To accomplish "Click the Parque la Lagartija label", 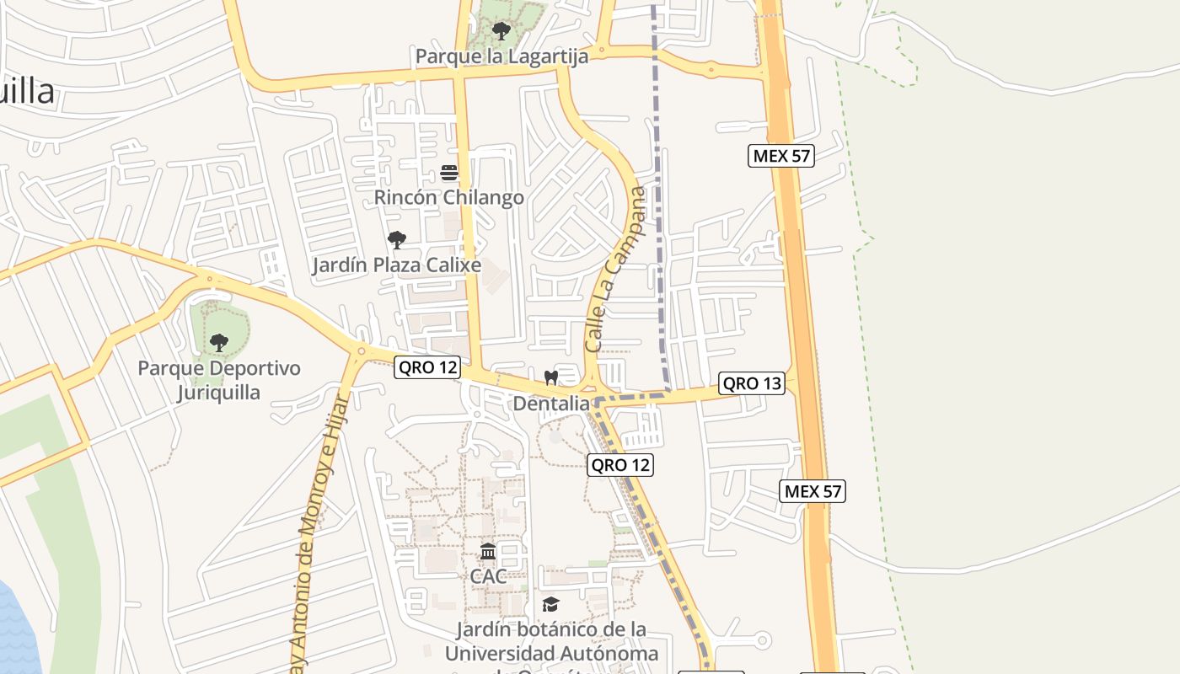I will point(501,56).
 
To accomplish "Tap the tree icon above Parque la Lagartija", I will point(501,32).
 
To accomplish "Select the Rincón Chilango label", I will point(449,198).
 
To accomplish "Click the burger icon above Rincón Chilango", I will point(449,174).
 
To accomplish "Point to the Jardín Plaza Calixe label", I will point(397,265).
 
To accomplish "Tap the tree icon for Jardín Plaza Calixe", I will point(397,240).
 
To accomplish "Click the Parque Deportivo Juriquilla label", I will point(219,381).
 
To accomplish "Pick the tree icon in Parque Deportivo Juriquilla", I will point(219,343).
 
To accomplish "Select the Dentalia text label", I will point(551,404).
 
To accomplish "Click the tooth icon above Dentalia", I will point(551,378).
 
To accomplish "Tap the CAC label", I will point(489,577).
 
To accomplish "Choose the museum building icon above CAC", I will point(488,552).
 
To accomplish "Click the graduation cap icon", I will point(551,604).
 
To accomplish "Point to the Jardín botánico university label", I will point(551,642).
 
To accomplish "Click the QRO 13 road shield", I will point(752,383).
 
